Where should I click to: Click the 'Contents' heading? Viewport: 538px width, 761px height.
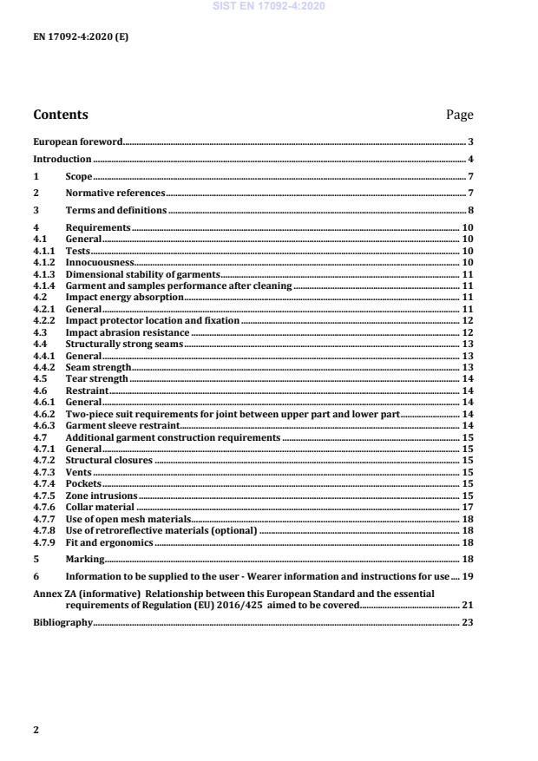pos(60,115)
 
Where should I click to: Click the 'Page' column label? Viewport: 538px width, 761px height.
pos(459,115)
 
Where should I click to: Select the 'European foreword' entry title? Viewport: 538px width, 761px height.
pos(77,141)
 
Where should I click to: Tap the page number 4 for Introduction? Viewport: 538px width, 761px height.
pos(470,160)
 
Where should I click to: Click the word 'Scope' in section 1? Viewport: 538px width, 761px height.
pos(79,177)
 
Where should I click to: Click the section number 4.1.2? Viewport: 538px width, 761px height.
pos(44,261)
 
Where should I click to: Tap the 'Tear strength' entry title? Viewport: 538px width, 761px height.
pos(96,379)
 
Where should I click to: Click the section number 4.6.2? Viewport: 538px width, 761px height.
pos(44,415)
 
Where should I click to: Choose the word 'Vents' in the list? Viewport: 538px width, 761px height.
pos(78,473)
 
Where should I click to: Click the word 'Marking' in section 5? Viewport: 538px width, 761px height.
pos(85,560)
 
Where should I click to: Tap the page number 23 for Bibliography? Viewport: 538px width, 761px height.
pos(467,623)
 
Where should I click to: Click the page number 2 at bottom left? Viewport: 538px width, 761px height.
pos(36,730)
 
